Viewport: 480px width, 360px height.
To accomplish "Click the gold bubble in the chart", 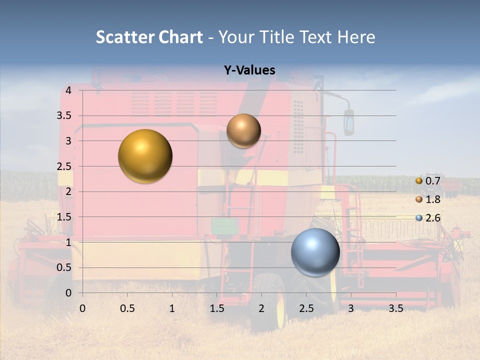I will click(x=145, y=156).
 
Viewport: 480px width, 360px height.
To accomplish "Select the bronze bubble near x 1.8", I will click(x=243, y=130).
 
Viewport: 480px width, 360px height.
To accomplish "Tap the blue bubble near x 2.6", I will click(x=315, y=252).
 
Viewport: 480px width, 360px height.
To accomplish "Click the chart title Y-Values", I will click(x=249, y=70).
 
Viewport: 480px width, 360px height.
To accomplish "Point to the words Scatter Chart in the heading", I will click(x=149, y=37).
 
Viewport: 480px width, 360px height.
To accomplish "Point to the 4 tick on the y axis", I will click(x=68, y=90).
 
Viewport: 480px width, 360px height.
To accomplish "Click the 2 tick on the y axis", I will click(x=68, y=191).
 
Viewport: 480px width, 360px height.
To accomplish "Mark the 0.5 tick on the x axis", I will click(x=127, y=308).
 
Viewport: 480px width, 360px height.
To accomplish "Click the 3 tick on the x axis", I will click(x=351, y=308).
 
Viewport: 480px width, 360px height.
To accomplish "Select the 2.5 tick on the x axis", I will click(x=306, y=308).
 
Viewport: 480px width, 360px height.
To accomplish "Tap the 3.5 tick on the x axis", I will click(x=395, y=308).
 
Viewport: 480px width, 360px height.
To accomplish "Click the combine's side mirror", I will click(x=348, y=122).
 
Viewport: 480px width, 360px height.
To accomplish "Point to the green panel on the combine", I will click(x=224, y=226).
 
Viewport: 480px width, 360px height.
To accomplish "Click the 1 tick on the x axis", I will click(x=172, y=308).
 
